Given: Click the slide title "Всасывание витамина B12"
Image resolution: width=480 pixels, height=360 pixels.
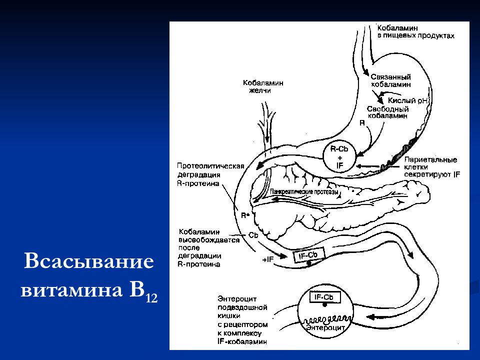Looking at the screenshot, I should [x=89, y=277].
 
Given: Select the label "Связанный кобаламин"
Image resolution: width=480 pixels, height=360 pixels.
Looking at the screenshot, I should [x=391, y=81].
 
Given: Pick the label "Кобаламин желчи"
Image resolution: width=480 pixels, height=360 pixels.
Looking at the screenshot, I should [x=263, y=87].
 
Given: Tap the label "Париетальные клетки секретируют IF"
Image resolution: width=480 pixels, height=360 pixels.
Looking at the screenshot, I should [x=431, y=167].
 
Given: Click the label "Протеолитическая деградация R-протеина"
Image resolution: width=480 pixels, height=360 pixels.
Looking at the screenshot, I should [x=209, y=174].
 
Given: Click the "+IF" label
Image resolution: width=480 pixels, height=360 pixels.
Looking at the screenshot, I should [x=267, y=259].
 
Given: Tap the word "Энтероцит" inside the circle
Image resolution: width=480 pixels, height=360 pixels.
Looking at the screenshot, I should [x=325, y=327].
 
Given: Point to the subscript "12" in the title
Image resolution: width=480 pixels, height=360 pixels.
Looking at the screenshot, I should [x=150, y=298].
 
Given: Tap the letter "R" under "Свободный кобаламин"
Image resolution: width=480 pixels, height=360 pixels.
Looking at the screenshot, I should [x=362, y=122].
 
